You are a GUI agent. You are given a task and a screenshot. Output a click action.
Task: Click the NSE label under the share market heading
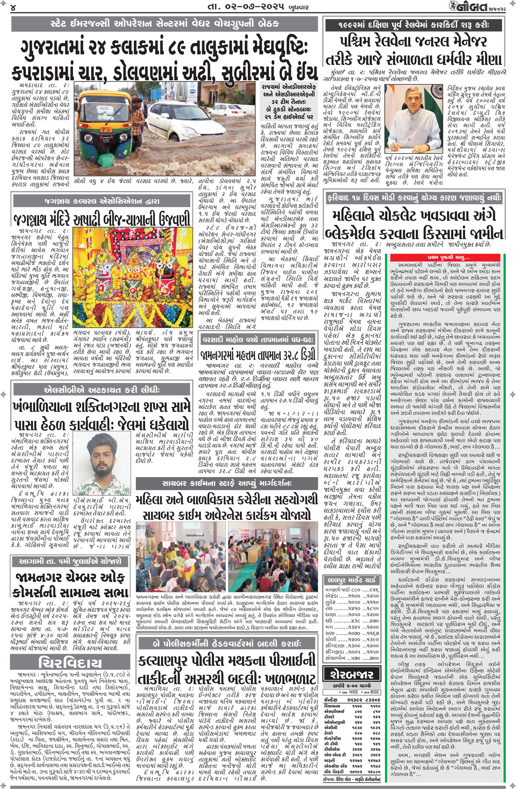pyautogui.click(x=353, y=692)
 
